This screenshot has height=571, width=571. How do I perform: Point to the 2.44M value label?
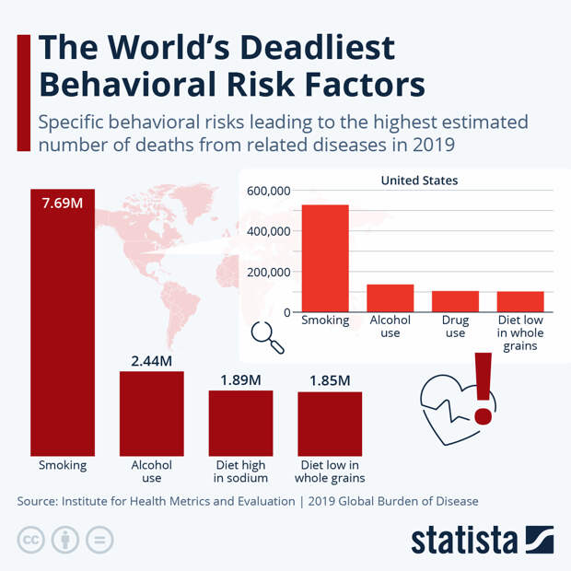pos(152,360)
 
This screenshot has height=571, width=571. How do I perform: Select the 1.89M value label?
pos(241,379)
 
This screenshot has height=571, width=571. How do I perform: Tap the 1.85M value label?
pos(330,379)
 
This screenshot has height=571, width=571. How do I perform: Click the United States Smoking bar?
pos(326,258)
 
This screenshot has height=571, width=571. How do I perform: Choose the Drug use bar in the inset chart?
pos(455,301)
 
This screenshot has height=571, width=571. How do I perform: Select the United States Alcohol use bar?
pos(390,297)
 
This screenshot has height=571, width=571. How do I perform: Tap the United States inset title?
pos(419,181)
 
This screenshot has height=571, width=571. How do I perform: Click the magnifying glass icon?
pos(266,336)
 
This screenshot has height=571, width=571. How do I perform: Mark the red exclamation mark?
pos(484,390)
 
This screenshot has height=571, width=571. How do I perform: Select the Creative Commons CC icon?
pos(31,540)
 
